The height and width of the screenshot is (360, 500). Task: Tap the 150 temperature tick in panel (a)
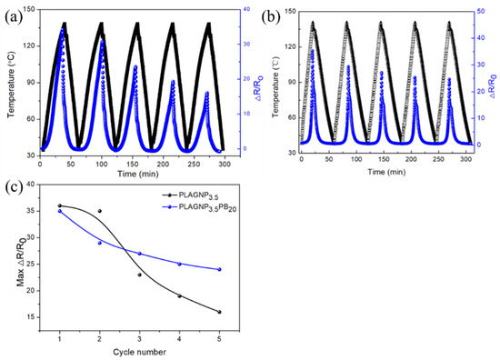(27, 10)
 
